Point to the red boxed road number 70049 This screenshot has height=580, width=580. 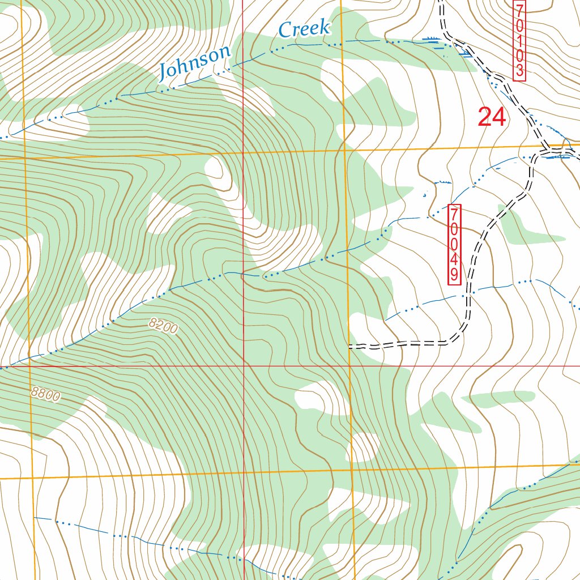click(455, 244)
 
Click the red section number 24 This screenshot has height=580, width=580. click(491, 117)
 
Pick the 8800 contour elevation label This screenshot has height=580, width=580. click(46, 394)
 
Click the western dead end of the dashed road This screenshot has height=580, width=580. click(349, 345)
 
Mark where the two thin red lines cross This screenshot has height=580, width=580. click(244, 366)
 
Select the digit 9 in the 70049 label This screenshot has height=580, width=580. click(455, 275)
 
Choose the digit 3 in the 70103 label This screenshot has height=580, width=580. click(519, 70)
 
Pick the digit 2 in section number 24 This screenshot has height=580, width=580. click(485, 117)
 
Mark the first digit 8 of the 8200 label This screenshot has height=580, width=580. click(153, 323)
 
